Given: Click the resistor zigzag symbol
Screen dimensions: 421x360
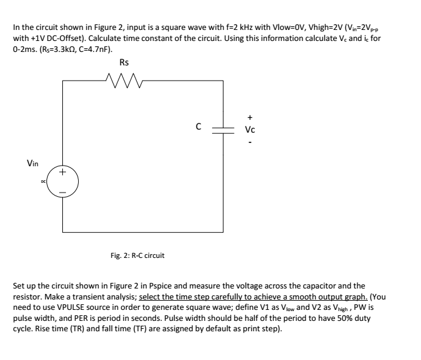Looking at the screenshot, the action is (x=124, y=80).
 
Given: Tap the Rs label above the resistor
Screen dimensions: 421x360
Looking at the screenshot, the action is (x=124, y=62).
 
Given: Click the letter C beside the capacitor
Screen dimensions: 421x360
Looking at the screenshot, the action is (x=199, y=127).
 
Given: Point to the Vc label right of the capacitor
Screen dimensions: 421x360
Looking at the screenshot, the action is (x=250, y=130).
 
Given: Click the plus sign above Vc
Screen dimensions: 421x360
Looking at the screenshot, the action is (x=250, y=117).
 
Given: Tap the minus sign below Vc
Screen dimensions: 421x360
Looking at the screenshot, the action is (x=250, y=142).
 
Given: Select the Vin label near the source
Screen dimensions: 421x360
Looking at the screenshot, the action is (x=32, y=163).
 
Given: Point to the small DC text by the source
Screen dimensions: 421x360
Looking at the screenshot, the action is (x=43, y=182).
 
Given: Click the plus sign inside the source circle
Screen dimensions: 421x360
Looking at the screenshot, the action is (x=62, y=172).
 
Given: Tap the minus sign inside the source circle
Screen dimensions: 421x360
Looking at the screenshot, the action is (x=62, y=193).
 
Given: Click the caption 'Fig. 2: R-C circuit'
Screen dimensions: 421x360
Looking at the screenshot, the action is (x=137, y=255).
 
